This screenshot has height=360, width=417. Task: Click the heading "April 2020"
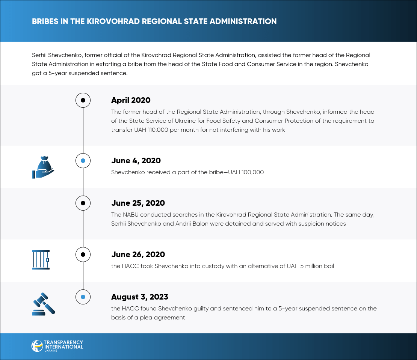(x=131, y=100)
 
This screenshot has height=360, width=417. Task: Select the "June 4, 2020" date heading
(x=136, y=161)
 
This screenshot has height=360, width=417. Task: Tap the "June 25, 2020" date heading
(x=138, y=203)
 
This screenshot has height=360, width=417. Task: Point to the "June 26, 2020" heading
(x=138, y=255)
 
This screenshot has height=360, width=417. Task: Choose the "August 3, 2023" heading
(x=140, y=297)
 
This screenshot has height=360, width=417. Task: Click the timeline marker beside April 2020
(x=83, y=100)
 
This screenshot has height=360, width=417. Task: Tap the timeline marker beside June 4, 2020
(x=83, y=161)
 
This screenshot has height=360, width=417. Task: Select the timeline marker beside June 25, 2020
(x=83, y=203)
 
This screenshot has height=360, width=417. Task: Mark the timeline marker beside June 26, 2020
(x=83, y=255)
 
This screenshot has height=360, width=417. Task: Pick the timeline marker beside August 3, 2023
(x=83, y=297)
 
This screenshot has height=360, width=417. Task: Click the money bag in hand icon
(x=43, y=167)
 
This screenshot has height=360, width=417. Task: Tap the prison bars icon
(x=41, y=259)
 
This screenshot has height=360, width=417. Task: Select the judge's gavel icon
(x=43, y=303)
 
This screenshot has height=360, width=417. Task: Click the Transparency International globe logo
(x=37, y=346)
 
